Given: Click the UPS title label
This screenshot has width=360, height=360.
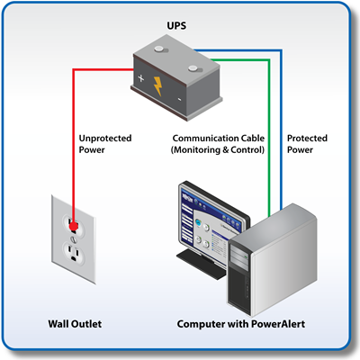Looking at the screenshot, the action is [176, 26].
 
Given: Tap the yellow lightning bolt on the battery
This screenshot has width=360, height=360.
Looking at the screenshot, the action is [158, 86].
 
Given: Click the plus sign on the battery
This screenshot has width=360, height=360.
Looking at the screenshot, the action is [141, 78].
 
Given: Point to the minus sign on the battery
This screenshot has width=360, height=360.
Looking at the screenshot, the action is [179, 99].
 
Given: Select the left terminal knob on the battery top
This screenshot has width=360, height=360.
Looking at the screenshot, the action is [159, 49].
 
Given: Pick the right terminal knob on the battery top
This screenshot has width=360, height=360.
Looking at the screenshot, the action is [193, 68].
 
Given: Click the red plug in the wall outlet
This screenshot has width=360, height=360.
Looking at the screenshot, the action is [73, 227].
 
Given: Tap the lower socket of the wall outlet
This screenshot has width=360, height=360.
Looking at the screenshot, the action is [73, 253].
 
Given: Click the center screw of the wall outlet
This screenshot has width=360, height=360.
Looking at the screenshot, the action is [74, 239].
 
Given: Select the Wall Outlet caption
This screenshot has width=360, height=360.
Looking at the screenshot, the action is [75, 324].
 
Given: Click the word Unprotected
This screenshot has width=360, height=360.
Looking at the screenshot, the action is [105, 139].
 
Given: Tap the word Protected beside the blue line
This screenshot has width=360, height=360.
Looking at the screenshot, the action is [307, 139].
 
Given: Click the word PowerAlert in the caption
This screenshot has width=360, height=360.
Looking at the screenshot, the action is [278, 324].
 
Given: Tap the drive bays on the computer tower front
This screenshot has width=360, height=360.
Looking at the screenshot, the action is [239, 257].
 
